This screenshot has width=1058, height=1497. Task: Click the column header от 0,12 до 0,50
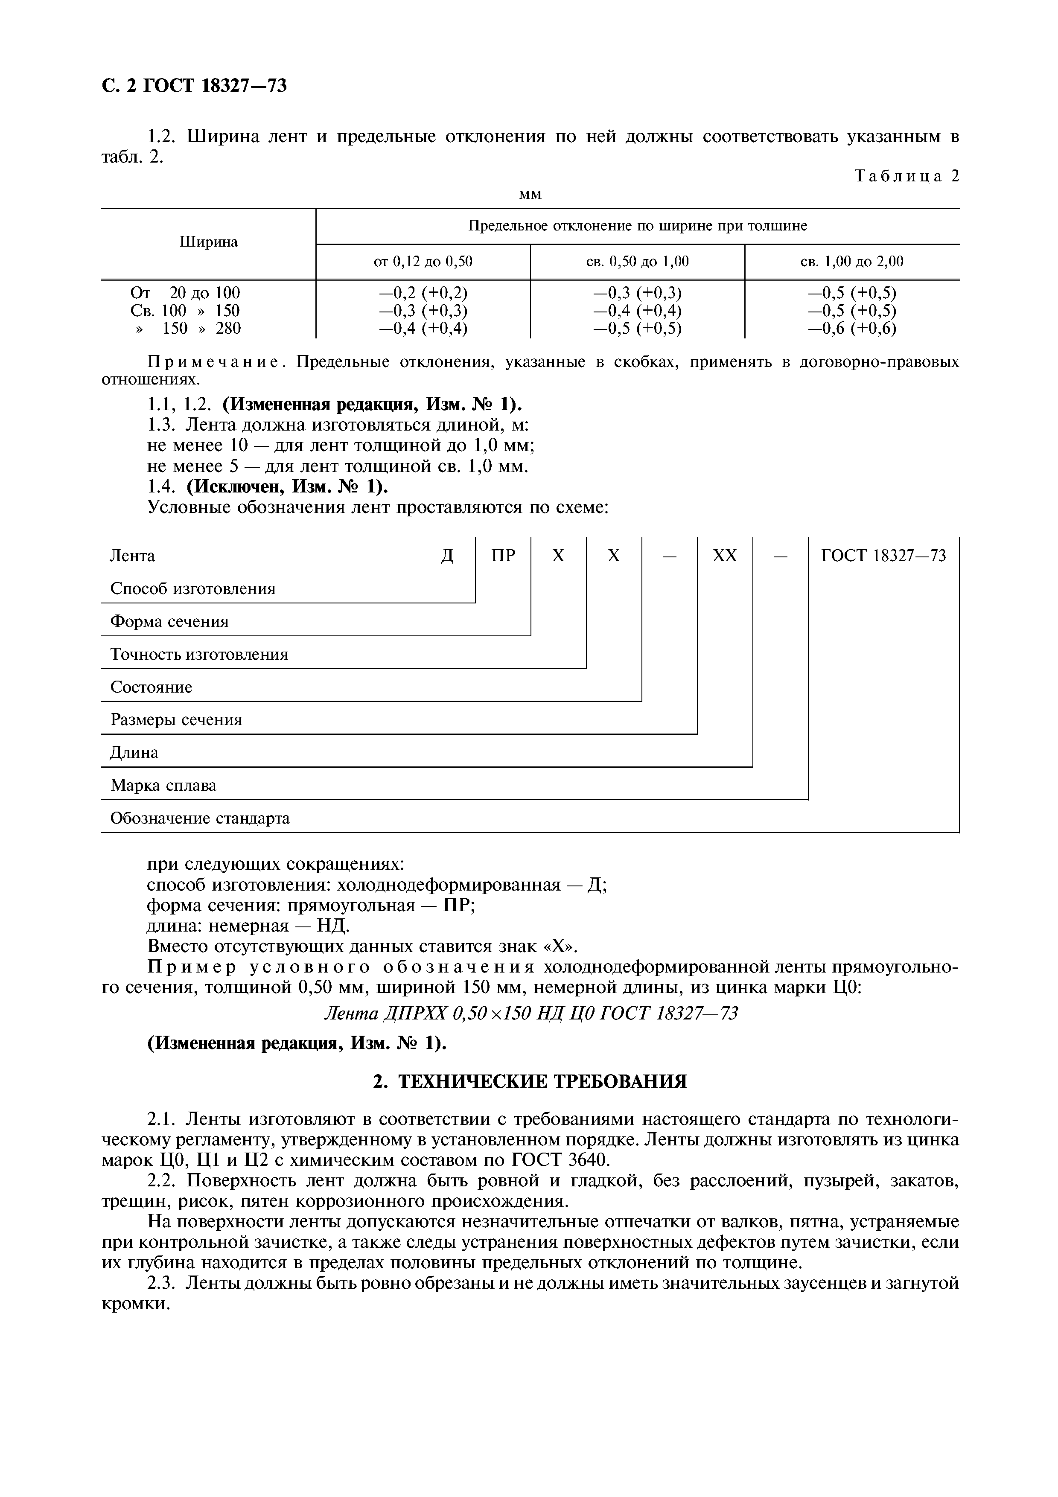423,262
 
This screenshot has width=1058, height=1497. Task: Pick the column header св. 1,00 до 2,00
851,262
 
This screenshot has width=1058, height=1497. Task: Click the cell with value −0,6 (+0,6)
851,329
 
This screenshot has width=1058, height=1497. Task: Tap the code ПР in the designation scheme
503,556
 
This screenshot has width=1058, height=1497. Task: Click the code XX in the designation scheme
724,556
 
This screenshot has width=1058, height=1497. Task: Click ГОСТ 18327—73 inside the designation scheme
883,556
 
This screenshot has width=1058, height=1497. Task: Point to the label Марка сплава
163,786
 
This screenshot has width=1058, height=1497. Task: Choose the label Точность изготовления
199,655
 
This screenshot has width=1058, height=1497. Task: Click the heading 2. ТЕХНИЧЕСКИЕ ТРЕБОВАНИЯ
529,1082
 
